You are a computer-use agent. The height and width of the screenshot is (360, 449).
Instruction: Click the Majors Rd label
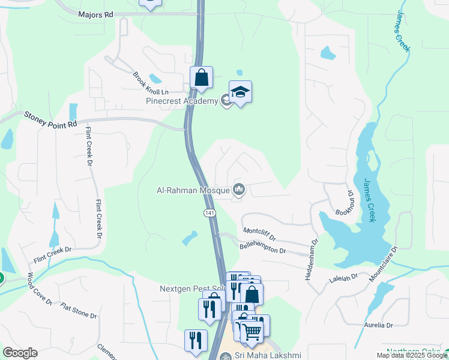[x=95, y=13]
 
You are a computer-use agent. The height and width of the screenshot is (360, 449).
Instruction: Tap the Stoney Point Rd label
[x=51, y=118]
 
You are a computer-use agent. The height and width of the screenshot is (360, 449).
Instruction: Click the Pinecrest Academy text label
[x=182, y=101]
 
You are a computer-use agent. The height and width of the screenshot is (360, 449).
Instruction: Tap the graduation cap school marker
[x=240, y=92]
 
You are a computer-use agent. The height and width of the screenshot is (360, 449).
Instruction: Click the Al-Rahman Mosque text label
[x=193, y=191]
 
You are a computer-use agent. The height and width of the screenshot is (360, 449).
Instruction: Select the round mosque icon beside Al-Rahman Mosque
[x=239, y=190]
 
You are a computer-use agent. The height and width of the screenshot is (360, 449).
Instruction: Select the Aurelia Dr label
[x=378, y=325]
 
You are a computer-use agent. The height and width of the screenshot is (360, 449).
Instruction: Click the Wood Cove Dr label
[x=39, y=288]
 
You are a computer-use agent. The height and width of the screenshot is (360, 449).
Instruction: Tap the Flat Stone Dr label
[x=79, y=311]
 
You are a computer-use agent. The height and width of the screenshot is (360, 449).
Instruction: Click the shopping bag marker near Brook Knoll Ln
[x=201, y=77]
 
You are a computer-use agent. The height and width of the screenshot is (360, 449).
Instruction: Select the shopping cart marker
[x=252, y=329]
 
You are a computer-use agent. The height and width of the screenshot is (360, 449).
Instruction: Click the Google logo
[x=20, y=353]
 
